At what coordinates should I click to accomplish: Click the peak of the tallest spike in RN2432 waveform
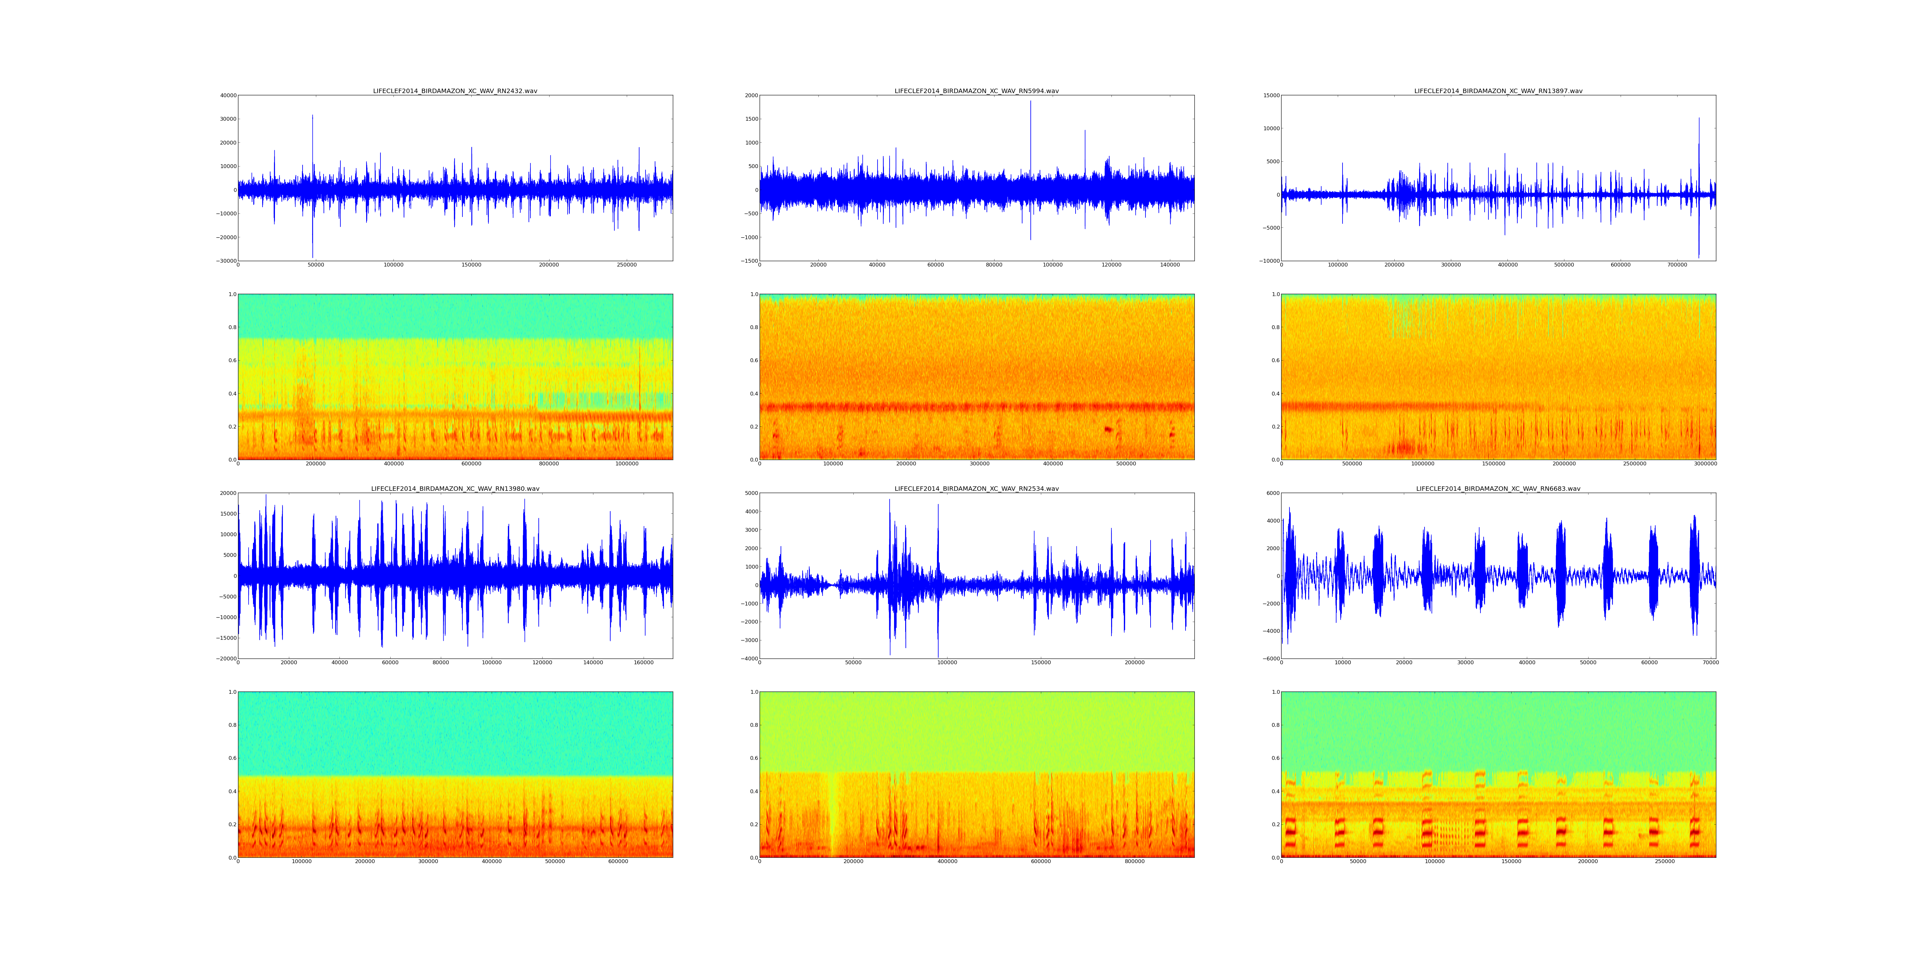(312, 115)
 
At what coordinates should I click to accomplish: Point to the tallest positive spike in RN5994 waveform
(1030, 101)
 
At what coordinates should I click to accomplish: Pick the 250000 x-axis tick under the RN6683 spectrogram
(1664, 861)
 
